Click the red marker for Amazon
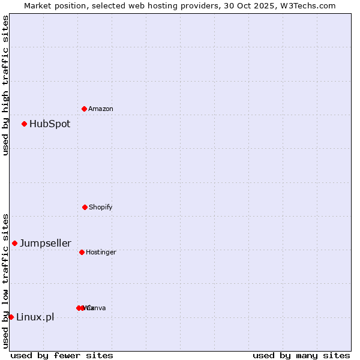tap(85, 109)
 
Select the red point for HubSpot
tap(25, 124)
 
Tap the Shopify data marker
tap(85, 207)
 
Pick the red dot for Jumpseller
tap(15, 243)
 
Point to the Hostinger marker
tap(82, 252)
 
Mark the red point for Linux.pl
tap(11, 317)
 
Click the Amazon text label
tap(101, 109)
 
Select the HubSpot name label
tap(50, 124)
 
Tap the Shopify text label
tap(101, 207)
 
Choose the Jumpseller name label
tap(46, 243)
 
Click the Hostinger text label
tap(101, 252)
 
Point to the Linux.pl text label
tap(35, 317)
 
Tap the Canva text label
tap(97, 308)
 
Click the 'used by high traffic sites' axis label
tap(5, 85)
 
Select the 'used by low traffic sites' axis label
tap(5, 281)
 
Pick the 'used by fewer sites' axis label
tap(62, 355)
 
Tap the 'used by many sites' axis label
tap(301, 355)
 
